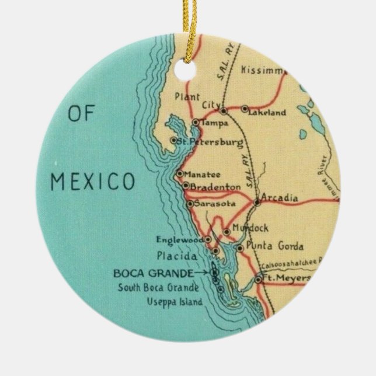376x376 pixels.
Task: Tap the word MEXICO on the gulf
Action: tap(93, 181)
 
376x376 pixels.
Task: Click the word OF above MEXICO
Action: tap(81, 113)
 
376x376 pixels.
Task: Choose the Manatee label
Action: tap(200, 174)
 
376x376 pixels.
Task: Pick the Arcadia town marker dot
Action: tap(257, 203)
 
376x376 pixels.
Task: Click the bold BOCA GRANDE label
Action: tap(153, 273)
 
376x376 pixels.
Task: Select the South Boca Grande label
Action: tap(158, 287)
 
